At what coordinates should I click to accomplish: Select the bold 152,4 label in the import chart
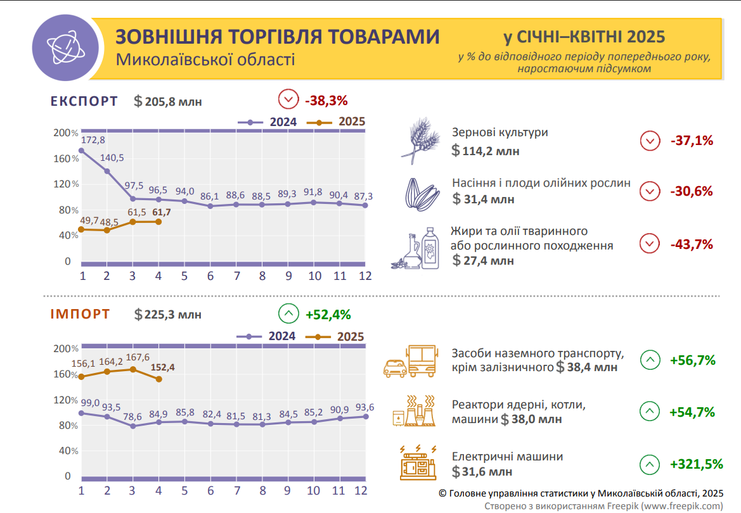163,367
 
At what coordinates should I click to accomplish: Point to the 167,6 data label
139,357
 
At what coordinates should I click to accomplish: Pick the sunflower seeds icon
422,193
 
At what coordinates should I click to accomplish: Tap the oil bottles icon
418,248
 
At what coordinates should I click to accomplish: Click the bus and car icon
413,361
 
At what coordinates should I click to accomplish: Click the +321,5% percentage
696,464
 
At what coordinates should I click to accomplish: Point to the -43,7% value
691,244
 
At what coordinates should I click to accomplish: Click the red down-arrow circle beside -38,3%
288,100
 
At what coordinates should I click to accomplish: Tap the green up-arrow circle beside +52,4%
288,314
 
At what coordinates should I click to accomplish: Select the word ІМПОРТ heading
81,314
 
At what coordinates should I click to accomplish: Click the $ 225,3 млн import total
168,315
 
